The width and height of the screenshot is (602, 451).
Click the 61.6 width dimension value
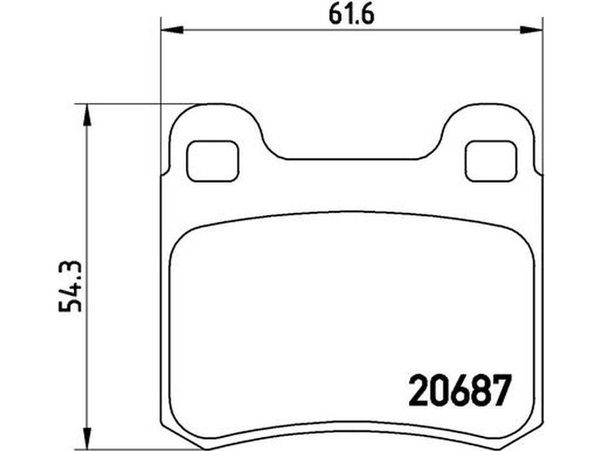tap(351, 15)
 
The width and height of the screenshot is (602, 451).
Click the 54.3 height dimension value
tap(70, 286)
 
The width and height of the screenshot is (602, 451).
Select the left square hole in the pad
tap(213, 161)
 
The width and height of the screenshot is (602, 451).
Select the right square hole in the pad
tap(491, 161)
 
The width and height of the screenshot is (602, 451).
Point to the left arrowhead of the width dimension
tap(172, 29)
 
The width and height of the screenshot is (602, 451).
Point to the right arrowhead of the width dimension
tap(531, 29)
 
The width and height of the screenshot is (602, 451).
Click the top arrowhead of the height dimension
tap(87, 115)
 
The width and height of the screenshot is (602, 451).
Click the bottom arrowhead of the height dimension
tap(87, 437)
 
